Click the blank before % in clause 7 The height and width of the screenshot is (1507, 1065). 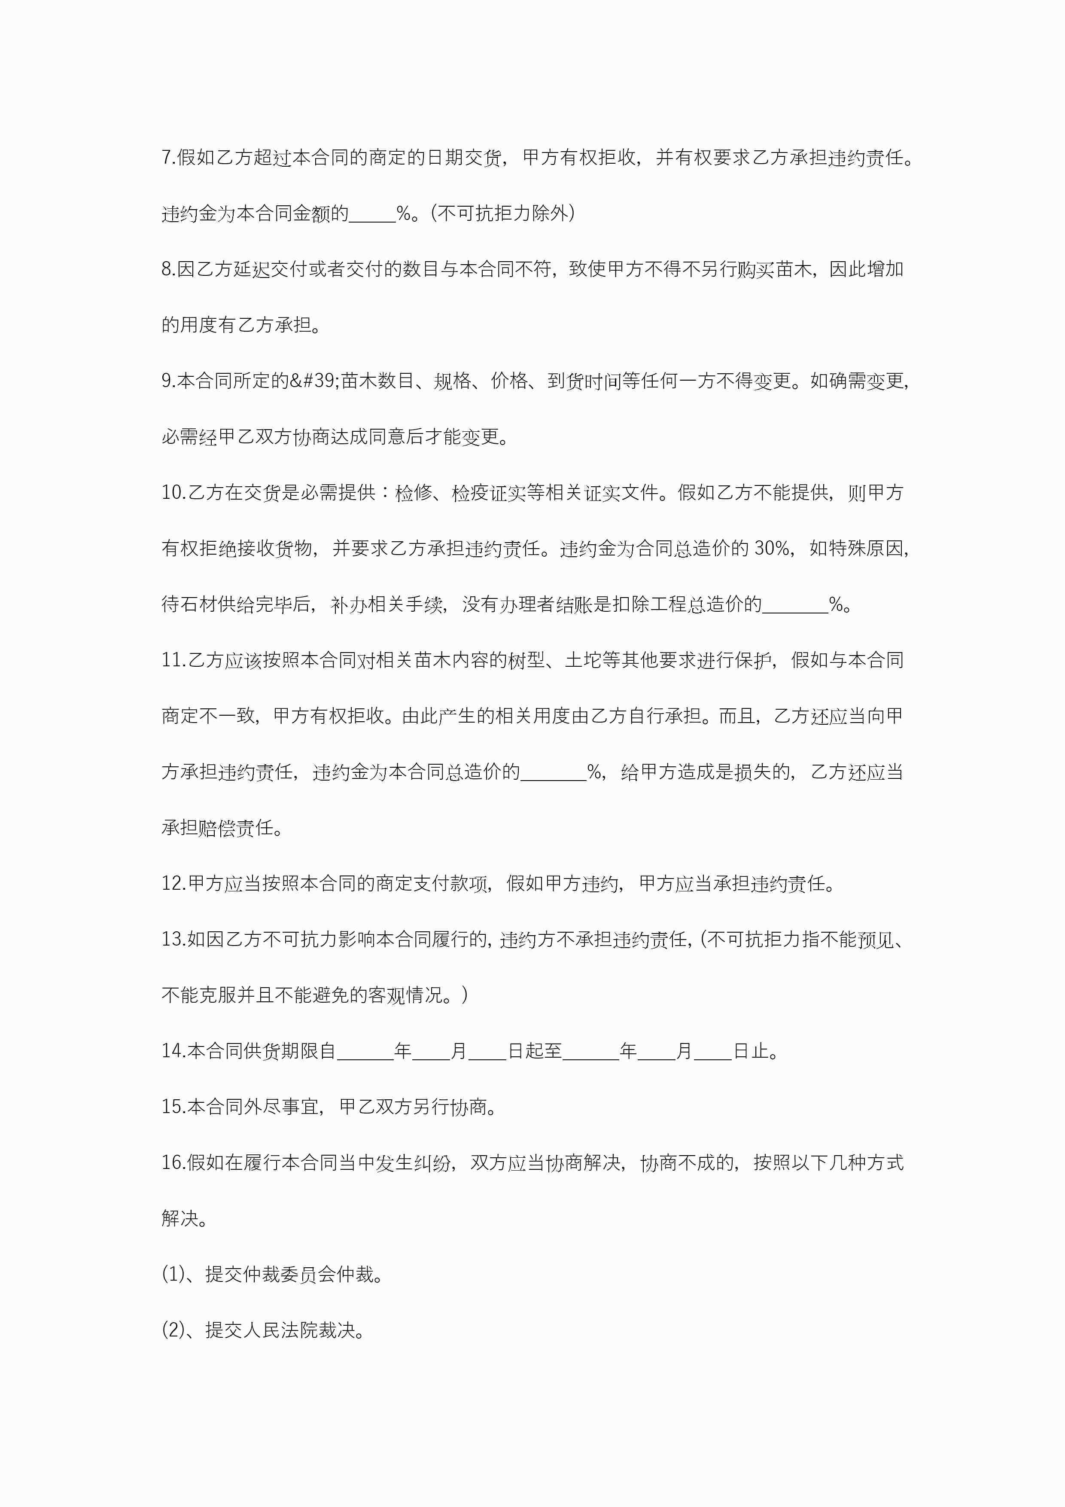click(x=372, y=214)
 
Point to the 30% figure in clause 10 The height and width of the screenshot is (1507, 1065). click(x=772, y=549)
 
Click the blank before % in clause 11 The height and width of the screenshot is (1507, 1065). click(x=553, y=772)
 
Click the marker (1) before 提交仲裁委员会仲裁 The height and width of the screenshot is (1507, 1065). click(x=173, y=1275)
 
